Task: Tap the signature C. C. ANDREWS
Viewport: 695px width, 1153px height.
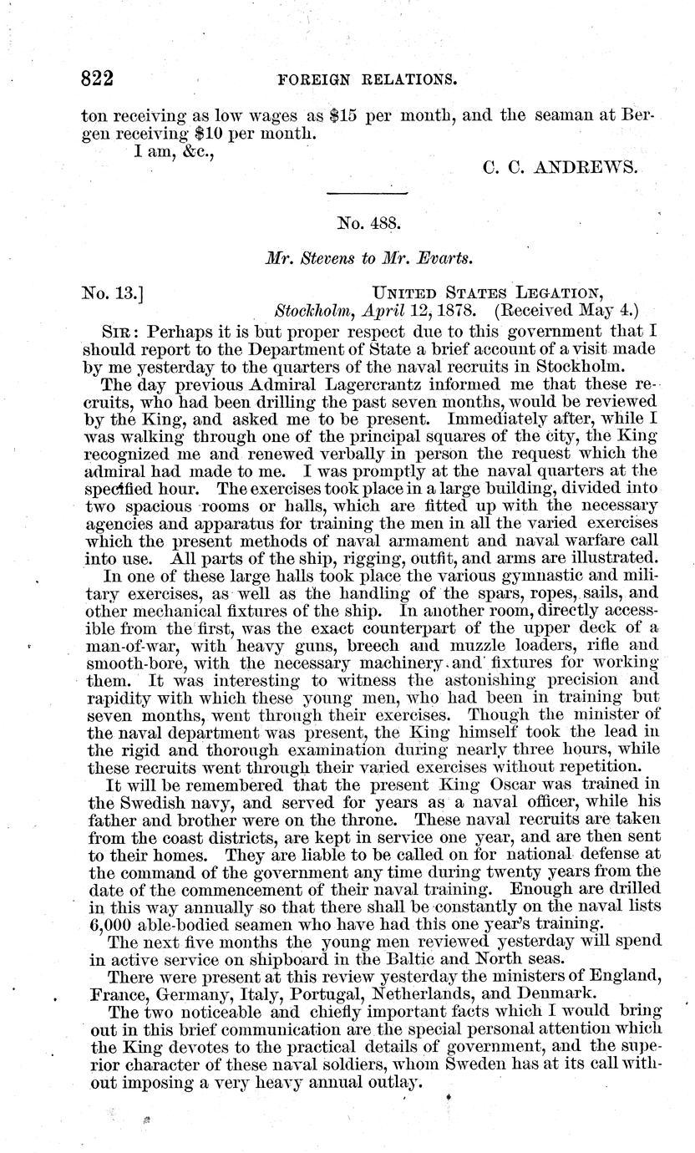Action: [561, 166]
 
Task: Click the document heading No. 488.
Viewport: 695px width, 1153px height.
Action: [368, 224]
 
